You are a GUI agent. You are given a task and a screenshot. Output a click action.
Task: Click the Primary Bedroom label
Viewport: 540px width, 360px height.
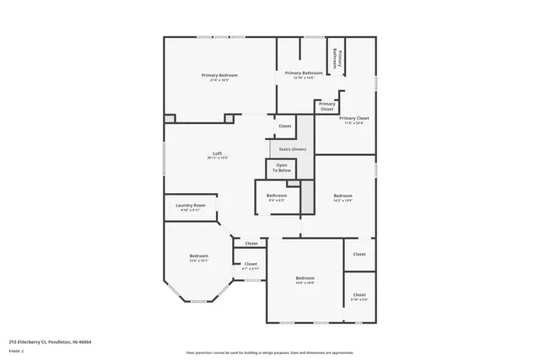219,75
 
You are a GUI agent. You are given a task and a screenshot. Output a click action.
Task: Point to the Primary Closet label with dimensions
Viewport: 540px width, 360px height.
354,118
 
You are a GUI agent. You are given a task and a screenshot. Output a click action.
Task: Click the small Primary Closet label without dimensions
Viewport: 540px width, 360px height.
327,106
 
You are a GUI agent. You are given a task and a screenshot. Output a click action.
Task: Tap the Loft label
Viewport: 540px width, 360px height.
218,153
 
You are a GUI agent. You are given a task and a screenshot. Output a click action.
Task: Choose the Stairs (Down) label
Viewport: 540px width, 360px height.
287,148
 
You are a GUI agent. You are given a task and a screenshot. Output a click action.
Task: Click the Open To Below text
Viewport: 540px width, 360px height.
282,167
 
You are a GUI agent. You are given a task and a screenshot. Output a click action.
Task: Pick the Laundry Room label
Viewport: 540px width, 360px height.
191,205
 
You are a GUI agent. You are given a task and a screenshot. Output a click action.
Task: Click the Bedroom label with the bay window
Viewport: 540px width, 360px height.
198,255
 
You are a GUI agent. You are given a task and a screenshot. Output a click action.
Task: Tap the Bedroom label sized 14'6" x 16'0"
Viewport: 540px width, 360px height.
305,277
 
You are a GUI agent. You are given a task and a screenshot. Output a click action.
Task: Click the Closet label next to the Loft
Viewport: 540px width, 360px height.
284,126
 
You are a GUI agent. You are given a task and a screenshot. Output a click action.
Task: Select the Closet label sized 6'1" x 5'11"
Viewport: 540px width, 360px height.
251,264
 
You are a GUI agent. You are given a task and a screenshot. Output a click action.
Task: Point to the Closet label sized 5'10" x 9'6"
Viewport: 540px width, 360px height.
359,294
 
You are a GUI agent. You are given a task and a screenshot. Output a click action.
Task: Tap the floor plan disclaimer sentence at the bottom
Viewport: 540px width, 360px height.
270,352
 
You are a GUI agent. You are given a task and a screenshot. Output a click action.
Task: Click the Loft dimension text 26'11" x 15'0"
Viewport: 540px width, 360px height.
218,158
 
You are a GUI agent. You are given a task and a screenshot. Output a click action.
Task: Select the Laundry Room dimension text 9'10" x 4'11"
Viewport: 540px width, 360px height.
191,210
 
